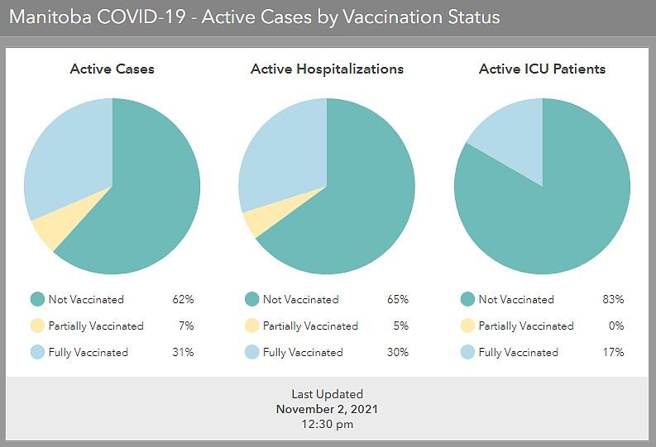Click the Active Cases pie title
[x=113, y=69]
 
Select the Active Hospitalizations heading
[x=327, y=69]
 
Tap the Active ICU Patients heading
[x=542, y=69]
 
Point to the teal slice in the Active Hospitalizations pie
[x=356, y=201]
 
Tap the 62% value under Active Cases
[x=183, y=300]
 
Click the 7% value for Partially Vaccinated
[x=186, y=326]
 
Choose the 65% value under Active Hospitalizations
[x=397, y=300]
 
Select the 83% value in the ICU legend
[x=613, y=300]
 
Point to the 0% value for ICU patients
[x=616, y=326]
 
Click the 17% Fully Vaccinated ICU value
[x=613, y=352]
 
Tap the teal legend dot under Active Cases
[x=37, y=299]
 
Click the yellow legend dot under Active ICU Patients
[x=467, y=326]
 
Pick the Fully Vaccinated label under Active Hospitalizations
[x=303, y=353]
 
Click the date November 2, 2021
[x=327, y=409]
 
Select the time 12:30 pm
[x=327, y=425]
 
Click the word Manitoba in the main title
[x=50, y=17]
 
